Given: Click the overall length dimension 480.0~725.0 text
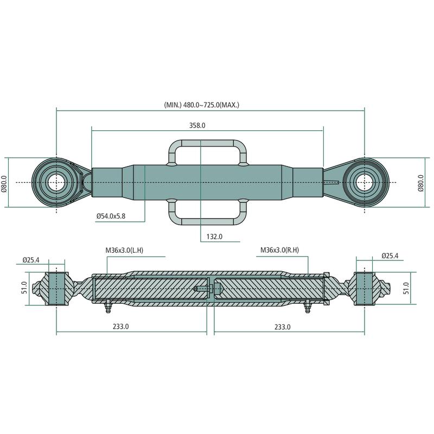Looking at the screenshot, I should click(x=202, y=104).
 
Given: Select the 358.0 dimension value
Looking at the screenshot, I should click(x=197, y=125).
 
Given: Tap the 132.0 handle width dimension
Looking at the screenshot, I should click(x=215, y=237).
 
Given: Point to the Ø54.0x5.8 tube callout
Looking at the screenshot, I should click(x=111, y=216).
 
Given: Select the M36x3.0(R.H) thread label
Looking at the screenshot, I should click(x=280, y=251).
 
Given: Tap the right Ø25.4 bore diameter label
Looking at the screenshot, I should click(x=390, y=255).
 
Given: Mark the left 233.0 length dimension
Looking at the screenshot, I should click(x=120, y=327).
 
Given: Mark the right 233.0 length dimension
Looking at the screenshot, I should click(x=282, y=327).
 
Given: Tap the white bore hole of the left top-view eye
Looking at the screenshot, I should click(x=56, y=182).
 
